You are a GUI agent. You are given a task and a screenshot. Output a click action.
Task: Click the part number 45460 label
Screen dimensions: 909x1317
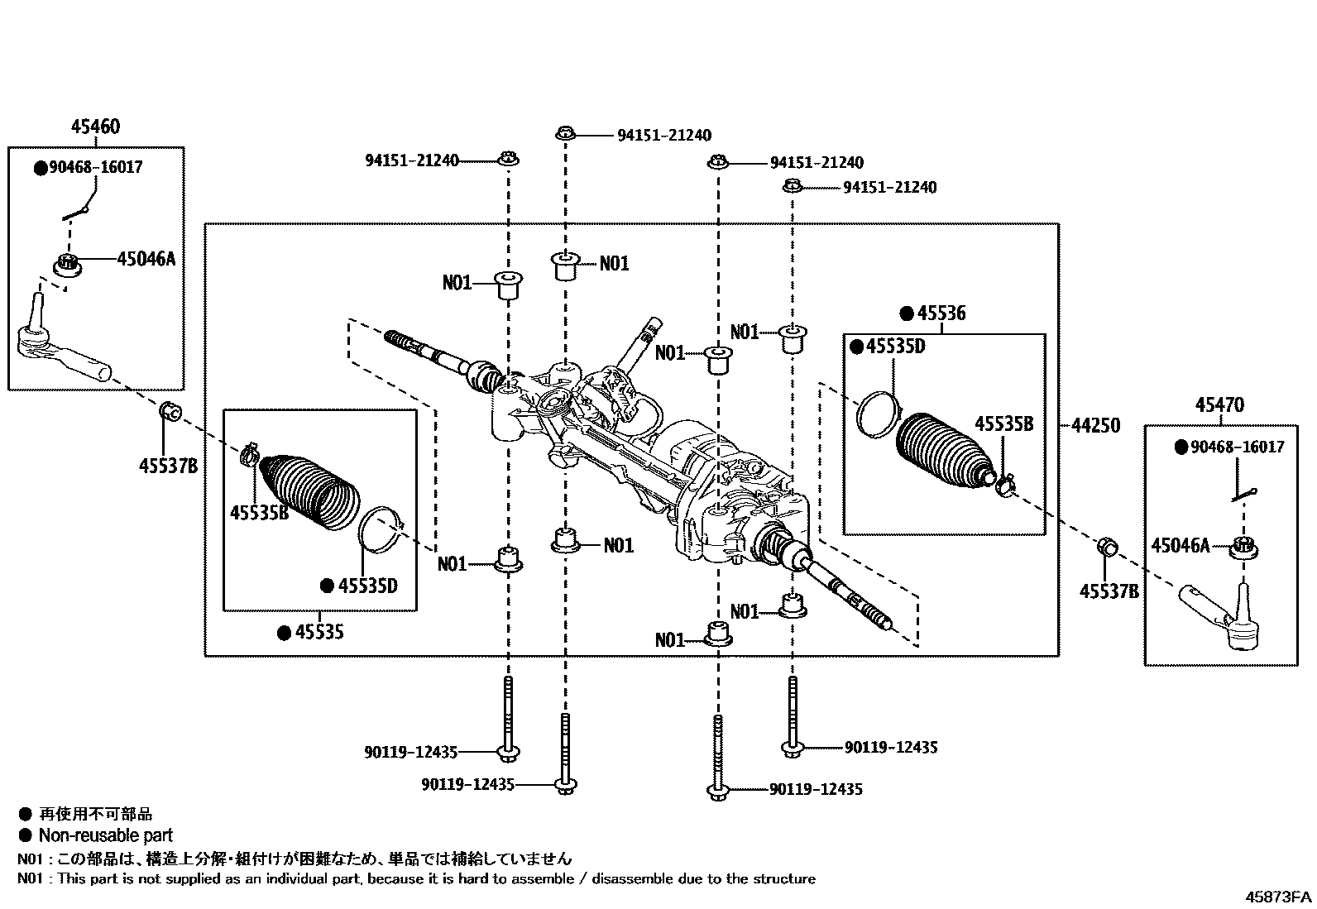point(94,127)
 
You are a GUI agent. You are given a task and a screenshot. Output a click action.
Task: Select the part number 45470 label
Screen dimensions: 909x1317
point(1219,405)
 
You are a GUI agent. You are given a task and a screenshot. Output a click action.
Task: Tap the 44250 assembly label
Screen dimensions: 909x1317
point(1095,425)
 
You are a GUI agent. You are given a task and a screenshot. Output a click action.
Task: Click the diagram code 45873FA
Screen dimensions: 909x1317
point(1279,897)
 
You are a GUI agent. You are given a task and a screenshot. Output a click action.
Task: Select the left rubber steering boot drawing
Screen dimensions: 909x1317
point(308,491)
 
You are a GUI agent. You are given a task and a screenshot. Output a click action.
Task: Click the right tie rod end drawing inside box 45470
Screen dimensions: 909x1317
point(1225,615)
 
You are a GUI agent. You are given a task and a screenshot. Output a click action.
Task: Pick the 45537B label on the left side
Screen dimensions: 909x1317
point(168,466)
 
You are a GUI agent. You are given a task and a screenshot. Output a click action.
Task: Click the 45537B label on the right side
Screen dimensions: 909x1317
point(1109,591)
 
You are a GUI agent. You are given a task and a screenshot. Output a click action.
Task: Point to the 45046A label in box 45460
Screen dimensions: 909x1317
point(146,259)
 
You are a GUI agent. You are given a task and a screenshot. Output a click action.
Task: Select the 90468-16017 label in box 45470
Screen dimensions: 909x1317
point(1237,447)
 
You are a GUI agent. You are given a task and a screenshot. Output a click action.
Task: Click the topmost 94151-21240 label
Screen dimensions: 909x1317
point(663,135)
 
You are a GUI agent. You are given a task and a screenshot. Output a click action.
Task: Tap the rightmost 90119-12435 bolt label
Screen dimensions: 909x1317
point(890,747)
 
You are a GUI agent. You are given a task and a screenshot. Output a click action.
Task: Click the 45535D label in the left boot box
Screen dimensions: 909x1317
point(367,586)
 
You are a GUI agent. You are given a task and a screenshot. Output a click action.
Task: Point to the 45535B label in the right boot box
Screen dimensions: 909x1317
point(1003,424)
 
